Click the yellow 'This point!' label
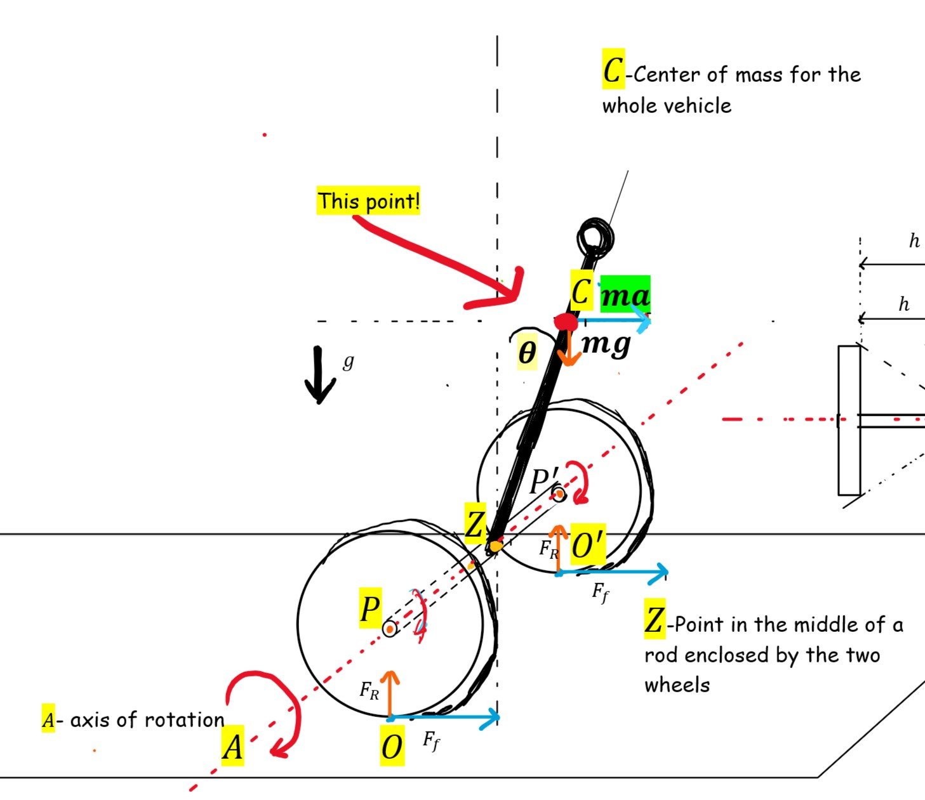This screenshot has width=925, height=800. (x=368, y=201)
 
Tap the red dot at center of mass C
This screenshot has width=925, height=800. (x=565, y=322)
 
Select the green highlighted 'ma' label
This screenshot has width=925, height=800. (x=625, y=296)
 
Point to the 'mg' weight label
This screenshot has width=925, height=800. (x=606, y=344)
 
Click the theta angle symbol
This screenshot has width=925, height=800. (x=527, y=353)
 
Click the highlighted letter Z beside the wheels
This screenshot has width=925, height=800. (x=475, y=526)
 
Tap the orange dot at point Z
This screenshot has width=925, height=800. (x=495, y=546)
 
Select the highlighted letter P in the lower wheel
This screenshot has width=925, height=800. (x=370, y=610)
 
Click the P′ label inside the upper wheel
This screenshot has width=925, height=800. (x=543, y=482)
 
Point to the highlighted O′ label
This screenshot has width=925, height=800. (x=588, y=544)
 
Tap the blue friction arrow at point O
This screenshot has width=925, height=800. (x=444, y=718)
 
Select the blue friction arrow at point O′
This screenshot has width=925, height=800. (x=612, y=573)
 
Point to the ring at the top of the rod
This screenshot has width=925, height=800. (x=596, y=237)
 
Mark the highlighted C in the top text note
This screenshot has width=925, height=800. (x=613, y=69)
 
